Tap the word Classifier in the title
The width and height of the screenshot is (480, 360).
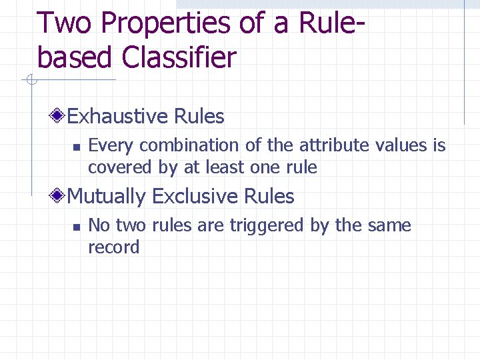[179, 58]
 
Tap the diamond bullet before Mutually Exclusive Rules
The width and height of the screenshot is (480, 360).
[59, 196]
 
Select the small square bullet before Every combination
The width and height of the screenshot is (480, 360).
[77, 146]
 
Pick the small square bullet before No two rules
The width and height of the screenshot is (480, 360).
[77, 227]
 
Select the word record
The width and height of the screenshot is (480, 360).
[113, 247]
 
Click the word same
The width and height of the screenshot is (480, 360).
[390, 226]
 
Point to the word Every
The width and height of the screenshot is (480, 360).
[111, 145]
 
